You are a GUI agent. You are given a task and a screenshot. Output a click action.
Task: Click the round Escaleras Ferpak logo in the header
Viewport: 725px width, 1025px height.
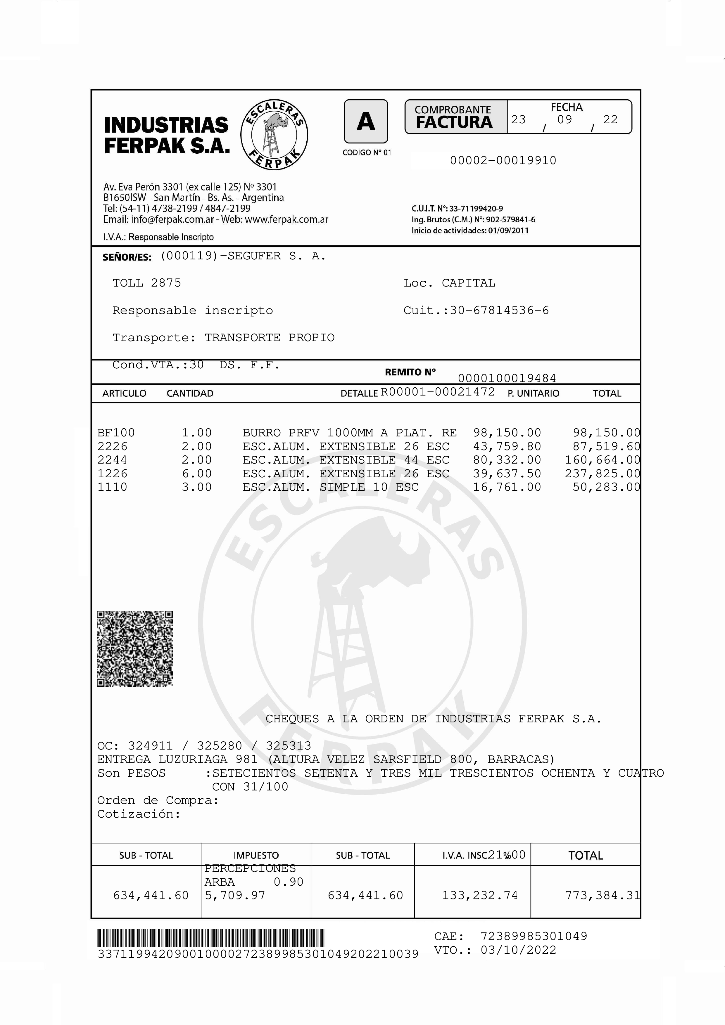(274, 134)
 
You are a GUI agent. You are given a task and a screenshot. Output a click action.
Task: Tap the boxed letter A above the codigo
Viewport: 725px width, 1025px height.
(365, 122)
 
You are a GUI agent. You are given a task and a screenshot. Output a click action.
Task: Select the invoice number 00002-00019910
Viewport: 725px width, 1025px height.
(503, 161)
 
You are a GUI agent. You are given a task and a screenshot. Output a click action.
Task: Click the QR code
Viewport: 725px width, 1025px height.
(135, 649)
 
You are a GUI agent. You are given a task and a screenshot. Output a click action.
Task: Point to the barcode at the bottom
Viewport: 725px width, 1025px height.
(211, 938)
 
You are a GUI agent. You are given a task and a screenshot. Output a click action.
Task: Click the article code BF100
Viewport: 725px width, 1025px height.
(116, 433)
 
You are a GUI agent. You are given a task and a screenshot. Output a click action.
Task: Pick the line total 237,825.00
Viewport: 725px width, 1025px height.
(602, 474)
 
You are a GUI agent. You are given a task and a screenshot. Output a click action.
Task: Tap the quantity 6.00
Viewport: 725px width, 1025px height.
(196, 474)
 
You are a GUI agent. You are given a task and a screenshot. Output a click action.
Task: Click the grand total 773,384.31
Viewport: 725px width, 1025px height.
(602, 895)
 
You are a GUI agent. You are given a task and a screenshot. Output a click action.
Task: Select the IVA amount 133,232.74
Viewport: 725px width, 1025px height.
(480, 895)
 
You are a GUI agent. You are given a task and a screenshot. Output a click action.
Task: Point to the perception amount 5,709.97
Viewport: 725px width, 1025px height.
(235, 895)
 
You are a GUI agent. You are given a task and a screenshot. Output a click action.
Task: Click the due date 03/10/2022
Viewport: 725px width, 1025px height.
(518, 950)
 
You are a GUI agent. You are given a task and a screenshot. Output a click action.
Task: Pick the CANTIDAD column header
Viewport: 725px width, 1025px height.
(190, 393)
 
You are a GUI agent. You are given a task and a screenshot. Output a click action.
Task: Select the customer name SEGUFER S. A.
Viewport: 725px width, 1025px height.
(277, 256)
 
